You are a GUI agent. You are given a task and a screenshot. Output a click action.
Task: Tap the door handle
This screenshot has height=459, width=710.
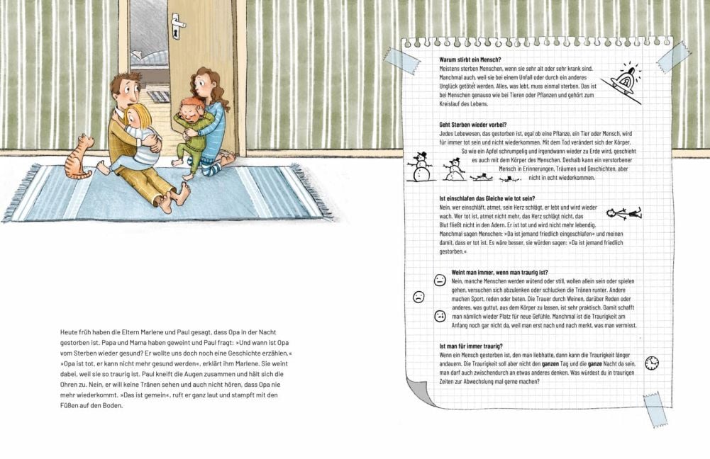(177, 27)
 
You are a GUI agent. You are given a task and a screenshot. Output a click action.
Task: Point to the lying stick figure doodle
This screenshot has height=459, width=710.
(624, 212)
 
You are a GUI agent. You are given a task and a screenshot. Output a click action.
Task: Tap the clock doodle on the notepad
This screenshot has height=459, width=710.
(651, 363)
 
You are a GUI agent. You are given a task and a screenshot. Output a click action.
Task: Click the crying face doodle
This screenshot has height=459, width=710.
(440, 315)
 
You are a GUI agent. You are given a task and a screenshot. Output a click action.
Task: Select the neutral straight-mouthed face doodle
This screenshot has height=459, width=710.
(440, 279)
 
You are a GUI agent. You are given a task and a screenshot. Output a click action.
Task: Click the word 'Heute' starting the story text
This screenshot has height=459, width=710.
(70, 331)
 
